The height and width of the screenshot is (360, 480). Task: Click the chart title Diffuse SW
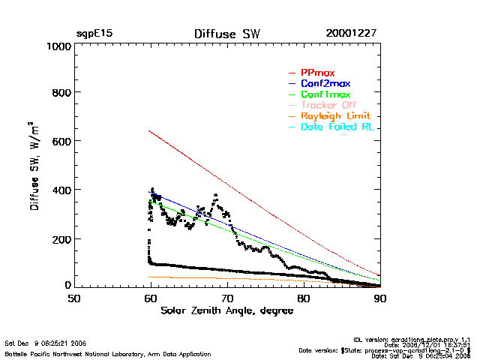point(226,34)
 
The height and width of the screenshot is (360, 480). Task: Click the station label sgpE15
point(94,34)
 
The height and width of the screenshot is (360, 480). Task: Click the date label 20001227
point(351,34)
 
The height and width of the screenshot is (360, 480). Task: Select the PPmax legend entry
point(318,73)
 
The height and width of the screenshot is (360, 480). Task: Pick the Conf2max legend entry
point(325,84)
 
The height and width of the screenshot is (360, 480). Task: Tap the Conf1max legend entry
point(325,95)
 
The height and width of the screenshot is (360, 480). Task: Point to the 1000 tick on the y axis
point(57,46)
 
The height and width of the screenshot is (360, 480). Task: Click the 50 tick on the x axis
point(74,298)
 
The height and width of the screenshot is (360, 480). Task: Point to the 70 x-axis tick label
point(227,298)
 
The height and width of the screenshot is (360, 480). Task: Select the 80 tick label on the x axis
point(304,298)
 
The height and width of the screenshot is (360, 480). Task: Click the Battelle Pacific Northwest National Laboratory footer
point(108,353)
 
